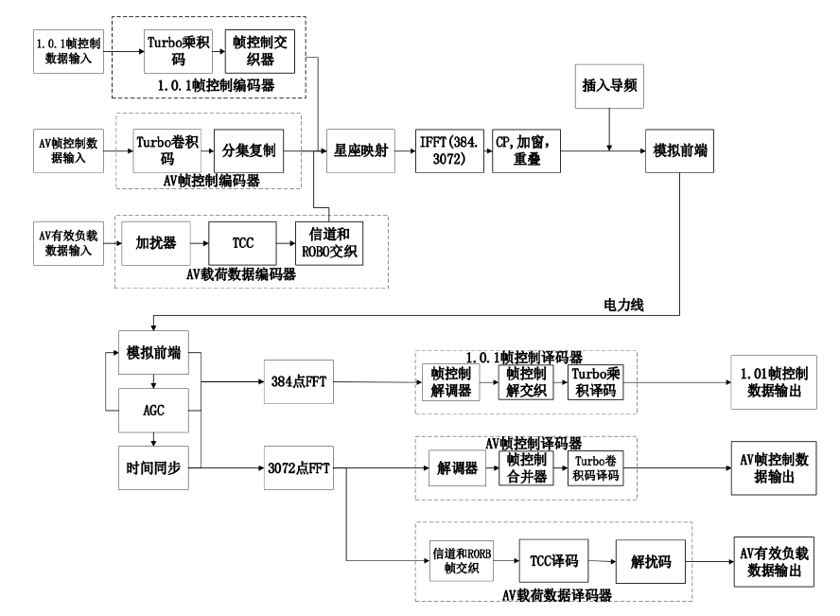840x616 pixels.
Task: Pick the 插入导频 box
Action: click(x=608, y=85)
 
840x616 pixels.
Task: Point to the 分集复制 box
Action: click(x=249, y=150)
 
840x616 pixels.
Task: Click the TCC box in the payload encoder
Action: click(x=243, y=241)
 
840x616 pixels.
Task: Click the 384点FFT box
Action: click(x=297, y=383)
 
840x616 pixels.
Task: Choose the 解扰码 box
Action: click(x=649, y=559)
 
